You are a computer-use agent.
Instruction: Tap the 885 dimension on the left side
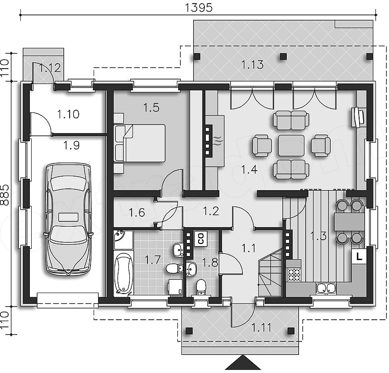[x=5, y=195]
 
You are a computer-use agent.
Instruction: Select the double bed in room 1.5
[x=140, y=143]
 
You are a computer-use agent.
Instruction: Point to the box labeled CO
[x=201, y=238]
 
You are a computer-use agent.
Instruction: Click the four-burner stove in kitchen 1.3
[x=294, y=275]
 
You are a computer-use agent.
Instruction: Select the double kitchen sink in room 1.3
[x=327, y=288]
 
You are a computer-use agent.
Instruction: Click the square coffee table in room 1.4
[x=291, y=146]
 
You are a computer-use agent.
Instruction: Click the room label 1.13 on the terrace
[x=252, y=65]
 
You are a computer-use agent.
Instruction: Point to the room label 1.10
[x=68, y=114]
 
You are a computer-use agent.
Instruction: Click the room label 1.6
[x=137, y=213]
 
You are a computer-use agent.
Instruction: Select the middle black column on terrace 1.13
[x=284, y=57]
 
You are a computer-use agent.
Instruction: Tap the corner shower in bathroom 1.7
[x=123, y=240]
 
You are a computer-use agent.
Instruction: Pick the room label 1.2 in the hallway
[x=211, y=211]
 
